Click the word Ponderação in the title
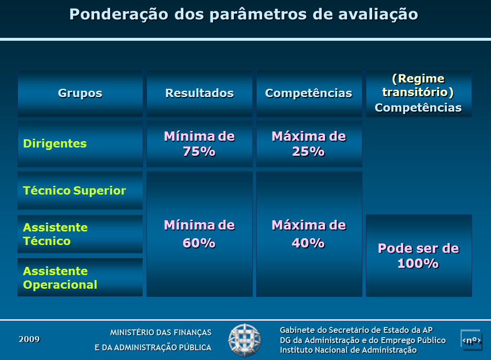[119, 15]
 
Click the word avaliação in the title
[378, 15]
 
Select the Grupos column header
[80, 93]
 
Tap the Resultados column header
[199, 93]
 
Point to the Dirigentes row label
[55, 144]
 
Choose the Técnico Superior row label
[75, 190]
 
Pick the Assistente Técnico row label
[55, 234]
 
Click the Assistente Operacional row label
[60, 278]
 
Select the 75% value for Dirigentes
[199, 151]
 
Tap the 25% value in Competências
[309, 151]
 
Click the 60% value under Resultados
[199, 243]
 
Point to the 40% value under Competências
[309, 243]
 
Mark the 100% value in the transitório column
[418, 263]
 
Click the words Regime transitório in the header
[418, 85]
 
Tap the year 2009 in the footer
[29, 339]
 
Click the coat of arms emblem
[245, 340]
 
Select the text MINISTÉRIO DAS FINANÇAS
[161, 332]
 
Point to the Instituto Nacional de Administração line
[348, 350]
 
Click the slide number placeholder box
[471, 340]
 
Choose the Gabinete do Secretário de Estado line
[356, 330]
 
